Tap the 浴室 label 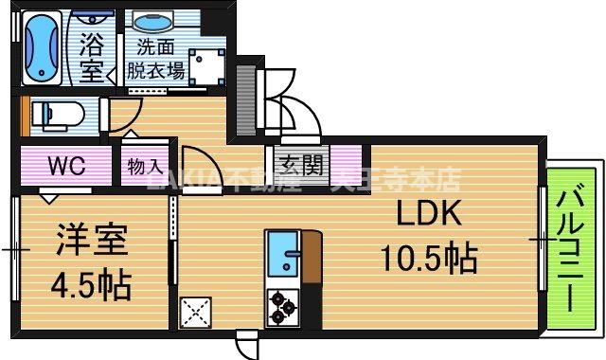[x=92, y=57]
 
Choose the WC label [x=66, y=167]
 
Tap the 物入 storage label [x=145, y=167]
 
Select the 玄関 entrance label [x=301, y=165]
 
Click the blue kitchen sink [x=283, y=253]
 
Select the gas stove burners [x=282, y=304]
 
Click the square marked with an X [x=196, y=312]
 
